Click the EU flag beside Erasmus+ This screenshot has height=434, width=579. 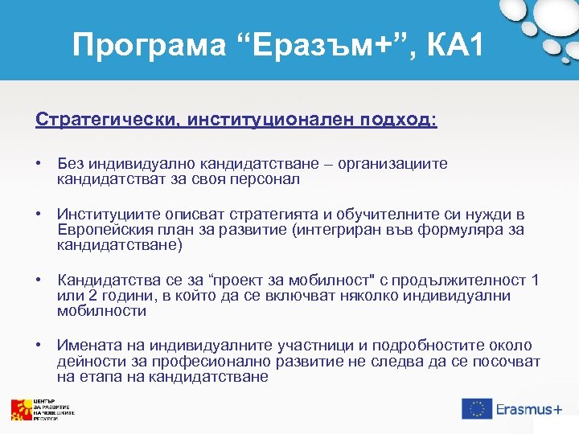point(476,408)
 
